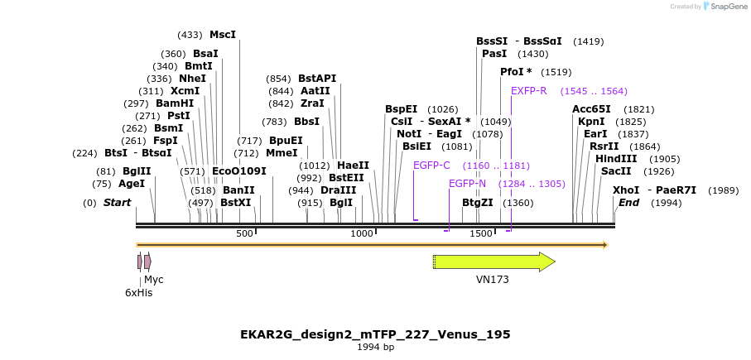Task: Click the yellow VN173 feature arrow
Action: [493, 262]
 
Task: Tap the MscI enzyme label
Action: [223, 35]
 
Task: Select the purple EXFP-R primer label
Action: [528, 91]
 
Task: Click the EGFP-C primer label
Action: [431, 166]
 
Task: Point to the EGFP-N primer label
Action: [467, 184]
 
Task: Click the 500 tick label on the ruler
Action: [244, 234]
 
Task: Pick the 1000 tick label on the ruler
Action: [362, 234]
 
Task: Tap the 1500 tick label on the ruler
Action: [481, 234]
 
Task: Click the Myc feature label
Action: [154, 280]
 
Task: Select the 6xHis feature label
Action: [138, 292]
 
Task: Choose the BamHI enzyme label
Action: [175, 103]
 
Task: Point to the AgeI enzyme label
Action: [132, 184]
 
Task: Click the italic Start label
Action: [117, 203]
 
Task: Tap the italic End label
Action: [629, 203]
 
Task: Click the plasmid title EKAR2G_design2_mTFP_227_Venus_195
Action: [375, 334]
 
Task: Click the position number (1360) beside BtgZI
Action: [518, 203]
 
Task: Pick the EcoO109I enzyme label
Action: [239, 171]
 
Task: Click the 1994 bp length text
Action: [375, 348]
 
